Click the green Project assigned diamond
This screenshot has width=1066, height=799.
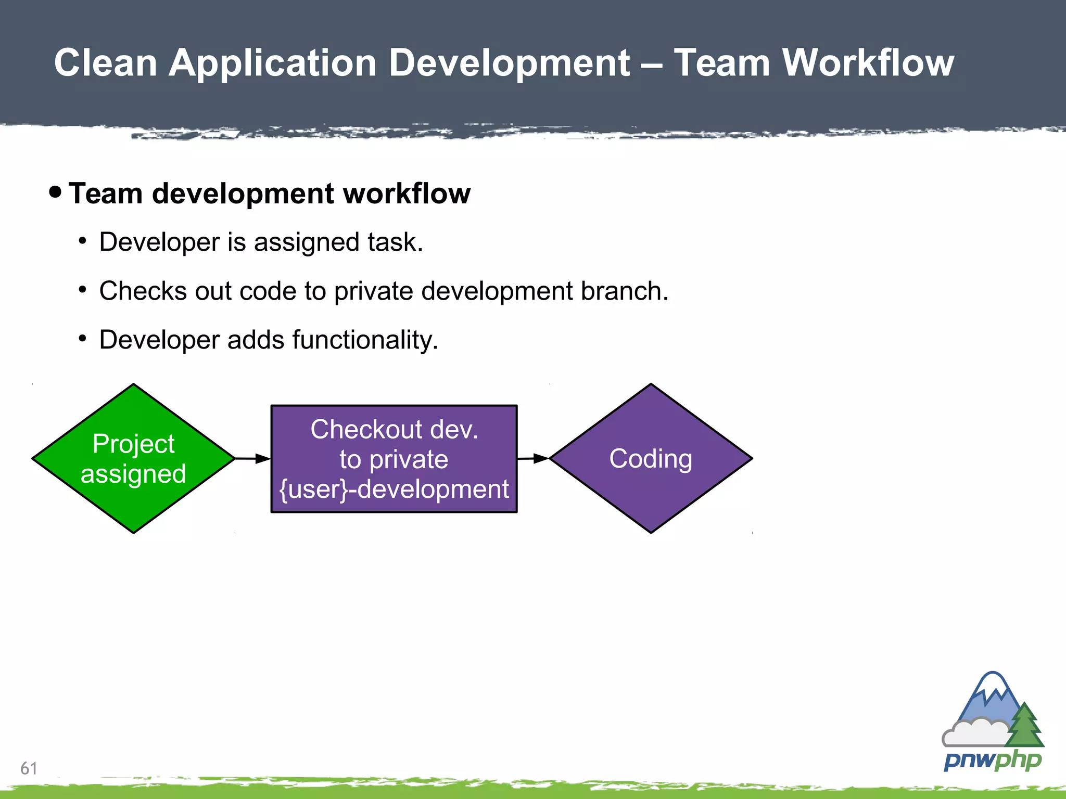click(x=133, y=458)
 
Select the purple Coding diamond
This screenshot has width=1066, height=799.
click(x=651, y=458)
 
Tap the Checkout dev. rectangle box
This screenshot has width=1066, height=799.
click(x=394, y=458)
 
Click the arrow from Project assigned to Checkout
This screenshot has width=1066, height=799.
click(x=253, y=458)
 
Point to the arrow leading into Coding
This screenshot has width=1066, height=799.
click(x=533, y=458)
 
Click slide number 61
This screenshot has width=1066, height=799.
click(x=29, y=768)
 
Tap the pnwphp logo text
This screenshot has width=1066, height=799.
click(x=992, y=761)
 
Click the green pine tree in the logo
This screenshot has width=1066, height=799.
click(x=1024, y=726)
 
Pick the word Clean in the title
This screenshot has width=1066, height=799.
click(x=106, y=62)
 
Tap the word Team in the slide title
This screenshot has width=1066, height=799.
click(x=721, y=62)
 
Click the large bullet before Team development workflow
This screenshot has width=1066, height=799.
click(x=55, y=192)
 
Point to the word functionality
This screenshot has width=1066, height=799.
click(x=364, y=340)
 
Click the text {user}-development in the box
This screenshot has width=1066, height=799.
click(x=394, y=489)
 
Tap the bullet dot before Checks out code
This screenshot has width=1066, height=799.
click(x=82, y=290)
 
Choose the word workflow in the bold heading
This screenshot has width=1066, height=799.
click(x=407, y=194)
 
